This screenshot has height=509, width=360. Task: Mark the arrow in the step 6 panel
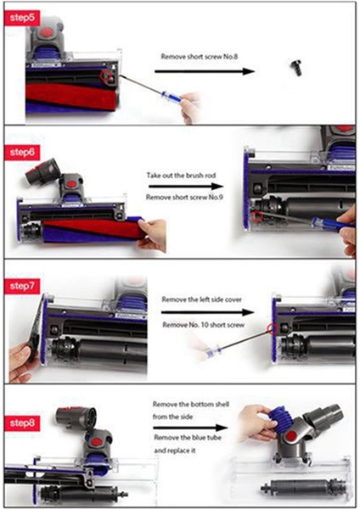pos(186,185)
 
